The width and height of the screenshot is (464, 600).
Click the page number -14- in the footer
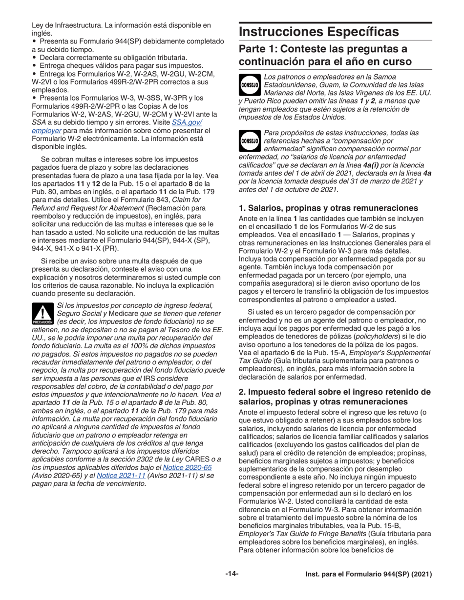coord(232,574)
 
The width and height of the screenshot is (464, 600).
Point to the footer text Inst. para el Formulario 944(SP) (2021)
coord(368,575)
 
